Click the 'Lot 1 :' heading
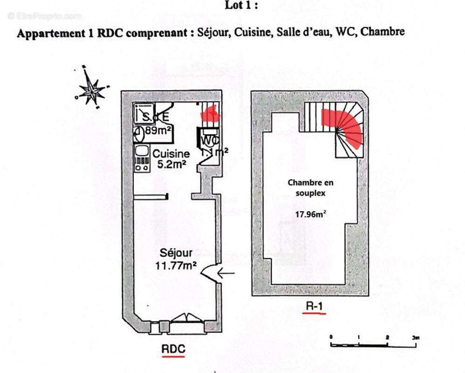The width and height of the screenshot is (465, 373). pos(241,6)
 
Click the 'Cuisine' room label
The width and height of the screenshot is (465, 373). pos(171,154)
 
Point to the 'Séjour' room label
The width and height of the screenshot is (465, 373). pos(176,254)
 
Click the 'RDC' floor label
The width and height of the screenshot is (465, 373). pos(173,348)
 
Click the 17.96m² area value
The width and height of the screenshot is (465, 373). pos(310,215)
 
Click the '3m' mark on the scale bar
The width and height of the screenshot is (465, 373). pos(415,337)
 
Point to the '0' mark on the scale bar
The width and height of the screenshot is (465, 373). pos(331,337)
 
